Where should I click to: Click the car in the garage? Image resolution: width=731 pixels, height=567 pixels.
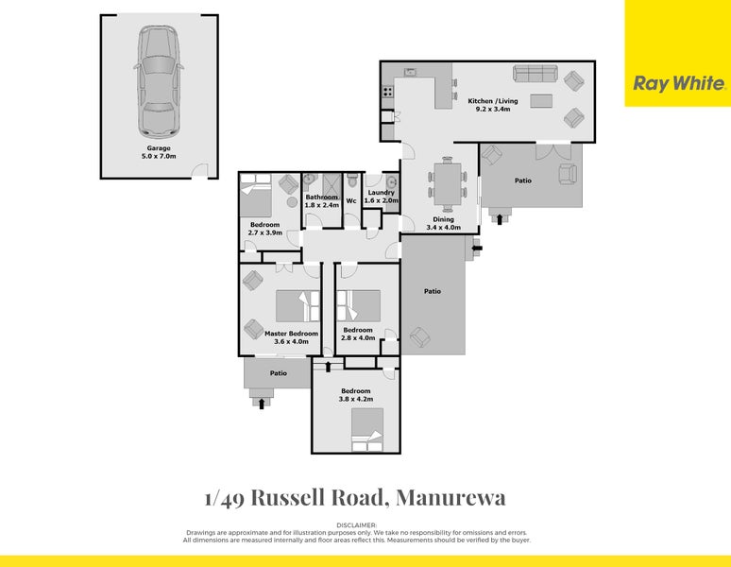click(159, 80)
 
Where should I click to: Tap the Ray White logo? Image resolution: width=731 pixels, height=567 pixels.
click(677, 83)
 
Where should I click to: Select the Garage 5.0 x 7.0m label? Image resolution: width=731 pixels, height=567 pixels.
click(159, 152)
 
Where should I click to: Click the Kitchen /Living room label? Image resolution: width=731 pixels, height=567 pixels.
click(493, 105)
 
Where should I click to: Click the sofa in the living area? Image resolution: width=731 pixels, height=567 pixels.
click(535, 74)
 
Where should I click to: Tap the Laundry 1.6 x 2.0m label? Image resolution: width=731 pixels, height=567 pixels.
click(382, 197)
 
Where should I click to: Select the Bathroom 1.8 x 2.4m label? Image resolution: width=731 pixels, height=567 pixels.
click(321, 201)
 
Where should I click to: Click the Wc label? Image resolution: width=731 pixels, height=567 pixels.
click(351, 200)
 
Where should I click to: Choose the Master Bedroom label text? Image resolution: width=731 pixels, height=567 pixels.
click(291, 337)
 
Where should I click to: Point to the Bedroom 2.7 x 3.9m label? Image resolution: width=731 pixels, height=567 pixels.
click(264, 228)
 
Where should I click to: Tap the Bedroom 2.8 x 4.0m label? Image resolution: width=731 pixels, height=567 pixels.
click(358, 334)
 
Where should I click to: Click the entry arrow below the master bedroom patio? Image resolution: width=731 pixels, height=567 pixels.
click(262, 404)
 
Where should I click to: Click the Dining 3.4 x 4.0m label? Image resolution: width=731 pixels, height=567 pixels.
click(443, 224)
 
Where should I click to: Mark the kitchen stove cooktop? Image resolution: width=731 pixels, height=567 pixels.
click(387, 93)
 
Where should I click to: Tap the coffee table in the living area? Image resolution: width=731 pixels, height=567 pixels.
click(542, 101)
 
